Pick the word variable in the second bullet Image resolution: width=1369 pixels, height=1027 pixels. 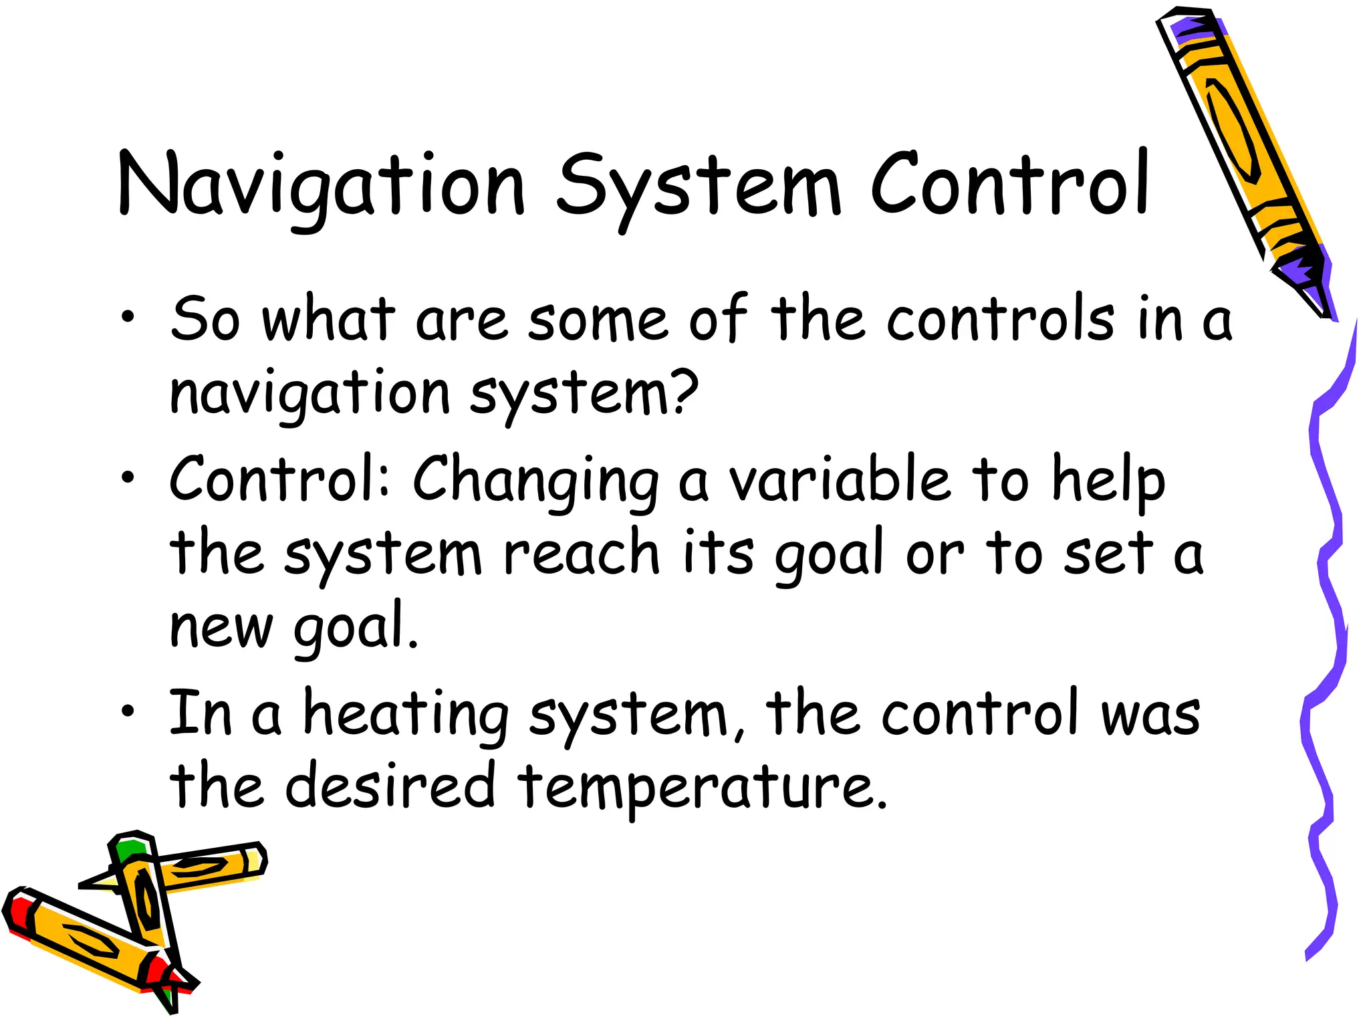tap(839, 479)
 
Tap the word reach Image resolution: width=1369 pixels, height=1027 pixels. tap(581, 554)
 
